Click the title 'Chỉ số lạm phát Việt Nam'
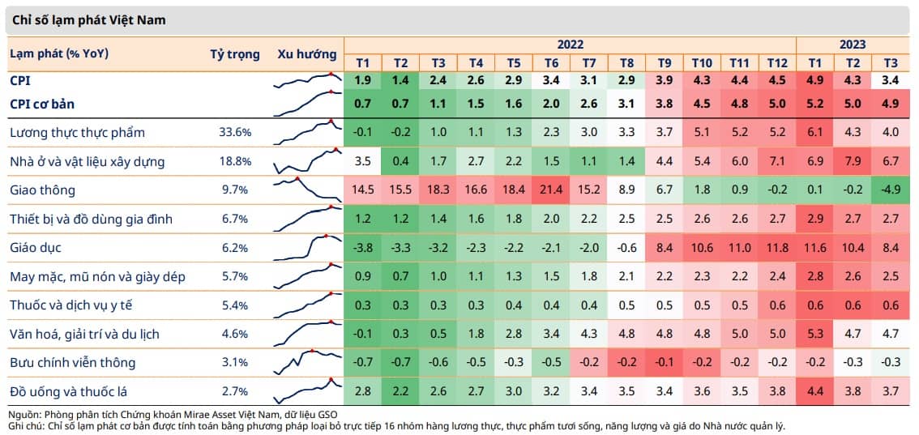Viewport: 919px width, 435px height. click(88, 20)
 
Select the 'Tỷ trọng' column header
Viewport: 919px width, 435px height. click(234, 54)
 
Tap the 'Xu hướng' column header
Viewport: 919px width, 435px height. click(307, 54)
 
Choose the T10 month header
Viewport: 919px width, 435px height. click(702, 62)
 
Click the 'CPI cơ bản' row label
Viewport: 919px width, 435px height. click(41, 104)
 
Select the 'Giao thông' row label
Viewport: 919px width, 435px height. click(42, 190)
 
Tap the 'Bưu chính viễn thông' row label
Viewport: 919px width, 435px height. click(73, 362)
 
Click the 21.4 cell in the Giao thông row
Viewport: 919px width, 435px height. click(551, 190)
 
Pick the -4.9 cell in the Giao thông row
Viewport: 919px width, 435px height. click(891, 190)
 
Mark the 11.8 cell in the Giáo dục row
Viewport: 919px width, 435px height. click(777, 248)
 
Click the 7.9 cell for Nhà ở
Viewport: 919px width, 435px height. click(853, 161)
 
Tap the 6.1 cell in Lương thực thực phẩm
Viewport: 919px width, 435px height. click(814, 133)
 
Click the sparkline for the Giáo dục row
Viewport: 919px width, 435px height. click(308, 247)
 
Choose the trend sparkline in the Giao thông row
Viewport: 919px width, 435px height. click(308, 190)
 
